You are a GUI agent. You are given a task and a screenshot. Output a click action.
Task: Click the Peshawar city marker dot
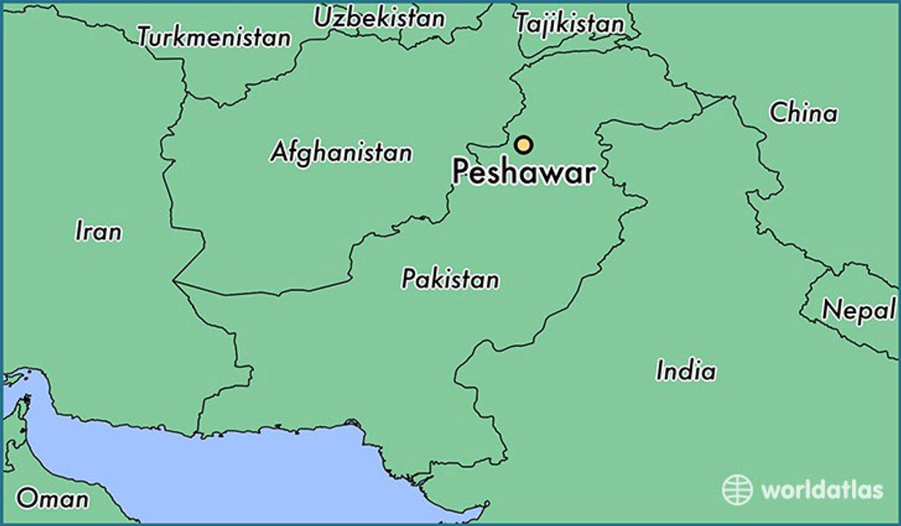click(522, 145)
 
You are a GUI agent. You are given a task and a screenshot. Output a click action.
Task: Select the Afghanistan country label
click(341, 152)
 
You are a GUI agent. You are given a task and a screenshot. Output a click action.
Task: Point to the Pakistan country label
click(450, 278)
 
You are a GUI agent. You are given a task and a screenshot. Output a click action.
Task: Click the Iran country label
click(98, 232)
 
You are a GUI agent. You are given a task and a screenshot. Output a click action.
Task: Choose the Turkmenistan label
click(214, 37)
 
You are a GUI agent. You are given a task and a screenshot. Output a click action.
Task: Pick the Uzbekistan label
click(379, 18)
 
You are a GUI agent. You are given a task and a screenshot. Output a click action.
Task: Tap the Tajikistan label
click(569, 23)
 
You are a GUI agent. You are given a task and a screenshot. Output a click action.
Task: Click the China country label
click(803, 113)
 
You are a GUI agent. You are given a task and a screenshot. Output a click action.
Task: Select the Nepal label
click(859, 310)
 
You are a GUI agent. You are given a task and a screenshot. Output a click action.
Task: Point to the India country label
click(685, 370)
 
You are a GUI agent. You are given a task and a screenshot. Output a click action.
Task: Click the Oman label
click(52, 499)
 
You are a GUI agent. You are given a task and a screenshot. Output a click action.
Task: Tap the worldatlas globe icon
click(737, 489)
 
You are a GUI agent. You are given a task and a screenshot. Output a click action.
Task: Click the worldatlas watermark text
click(821, 489)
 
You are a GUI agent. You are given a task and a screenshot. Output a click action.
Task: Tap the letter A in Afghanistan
click(279, 152)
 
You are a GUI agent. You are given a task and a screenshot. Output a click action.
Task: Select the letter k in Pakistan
click(431, 278)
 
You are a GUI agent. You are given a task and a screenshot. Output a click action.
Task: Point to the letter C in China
click(778, 113)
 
